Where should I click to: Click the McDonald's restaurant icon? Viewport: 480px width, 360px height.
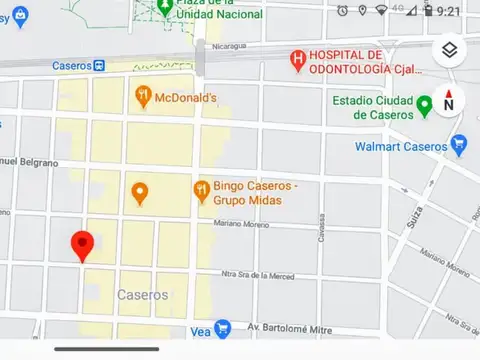coord(143,97)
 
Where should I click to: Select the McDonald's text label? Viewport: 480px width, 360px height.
coord(188,97)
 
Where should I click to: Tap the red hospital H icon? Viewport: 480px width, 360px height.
coord(297,59)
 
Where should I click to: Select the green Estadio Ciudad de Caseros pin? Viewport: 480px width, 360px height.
coord(424,105)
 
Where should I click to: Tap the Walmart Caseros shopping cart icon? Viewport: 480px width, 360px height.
coord(459,146)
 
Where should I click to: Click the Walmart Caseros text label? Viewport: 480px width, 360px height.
coord(401,147)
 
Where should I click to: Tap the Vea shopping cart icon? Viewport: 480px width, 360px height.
coord(223,327)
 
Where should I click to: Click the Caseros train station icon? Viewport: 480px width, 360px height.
coord(101,65)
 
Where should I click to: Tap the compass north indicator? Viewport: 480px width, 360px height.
coord(449,100)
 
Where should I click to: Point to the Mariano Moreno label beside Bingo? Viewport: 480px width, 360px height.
coord(243,226)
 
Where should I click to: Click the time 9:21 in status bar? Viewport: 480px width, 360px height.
coord(449,10)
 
